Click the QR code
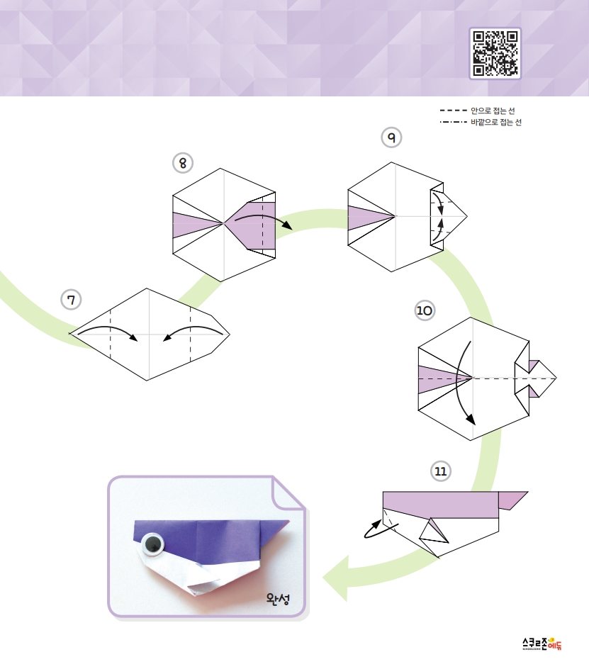[x=495, y=53]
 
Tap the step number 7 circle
[x=71, y=300]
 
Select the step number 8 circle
[x=183, y=163]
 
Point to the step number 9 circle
[x=391, y=136]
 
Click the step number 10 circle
[x=425, y=310]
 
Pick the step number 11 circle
[x=441, y=471]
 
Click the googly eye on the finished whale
[x=152, y=544]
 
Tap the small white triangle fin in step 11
[x=433, y=532]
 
